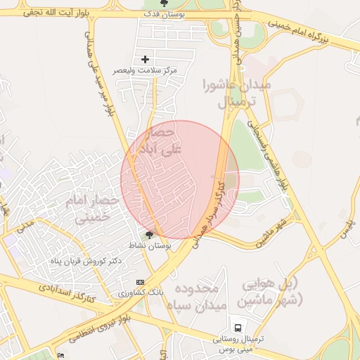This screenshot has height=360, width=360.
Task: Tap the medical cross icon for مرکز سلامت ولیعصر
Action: tap(146, 60)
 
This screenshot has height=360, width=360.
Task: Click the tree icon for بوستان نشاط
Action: tap(148, 235)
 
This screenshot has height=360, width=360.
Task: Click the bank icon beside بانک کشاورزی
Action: tap(139, 281)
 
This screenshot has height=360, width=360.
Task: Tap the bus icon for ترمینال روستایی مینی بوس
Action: tap(239, 328)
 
